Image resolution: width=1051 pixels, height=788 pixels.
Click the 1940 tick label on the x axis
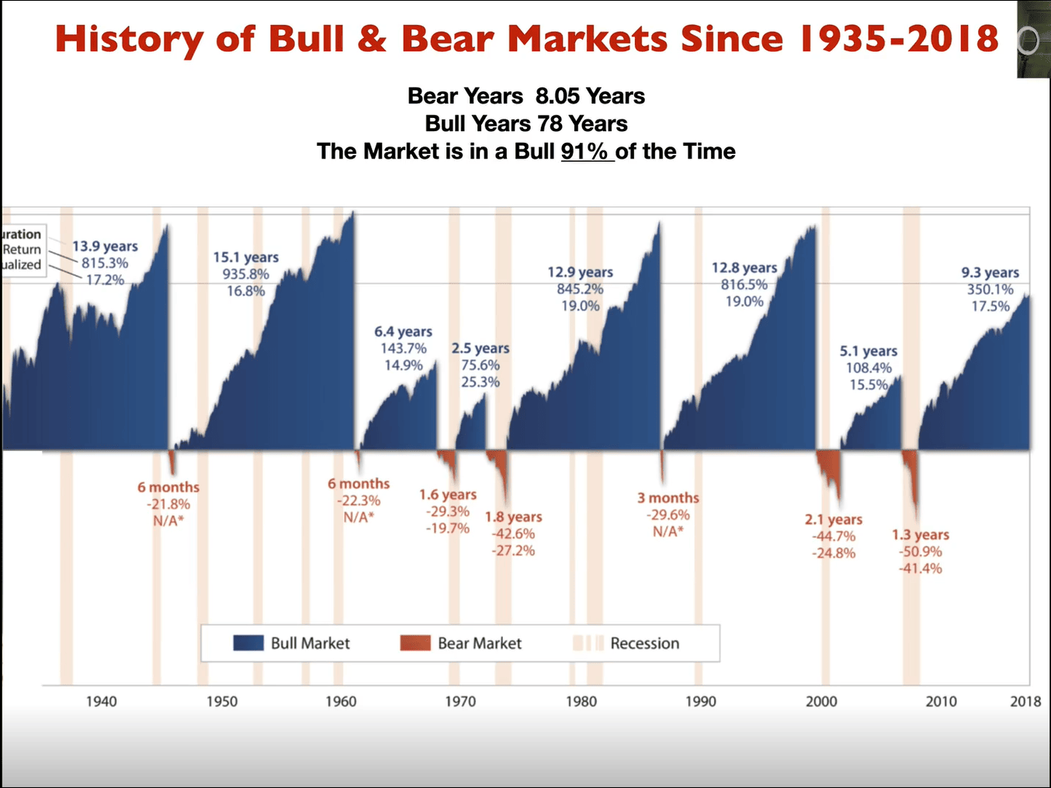coord(101,701)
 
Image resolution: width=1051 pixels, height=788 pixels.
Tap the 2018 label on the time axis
coord(1025,701)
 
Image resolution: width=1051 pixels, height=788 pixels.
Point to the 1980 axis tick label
coord(581,701)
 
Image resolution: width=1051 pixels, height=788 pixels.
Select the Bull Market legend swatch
coord(248,643)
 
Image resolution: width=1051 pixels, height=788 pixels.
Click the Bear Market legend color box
coord(415,643)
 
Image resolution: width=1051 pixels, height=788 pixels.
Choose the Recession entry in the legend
coord(644,643)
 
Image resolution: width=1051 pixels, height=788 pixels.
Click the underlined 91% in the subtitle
coord(584,151)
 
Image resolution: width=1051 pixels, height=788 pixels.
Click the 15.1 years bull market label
coord(245,258)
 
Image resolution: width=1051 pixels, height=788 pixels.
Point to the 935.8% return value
coord(245,274)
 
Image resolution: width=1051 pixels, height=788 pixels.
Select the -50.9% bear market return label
coord(921,551)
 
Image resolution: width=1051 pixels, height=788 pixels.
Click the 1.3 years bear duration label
coord(921,535)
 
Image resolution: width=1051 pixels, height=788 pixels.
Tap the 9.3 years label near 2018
coord(990,273)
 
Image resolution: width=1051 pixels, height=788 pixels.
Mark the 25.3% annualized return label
coord(480,382)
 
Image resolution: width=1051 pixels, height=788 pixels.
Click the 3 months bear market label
coord(668,498)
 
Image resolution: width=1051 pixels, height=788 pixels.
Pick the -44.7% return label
coord(834,536)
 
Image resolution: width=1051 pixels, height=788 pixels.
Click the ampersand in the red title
coord(372,38)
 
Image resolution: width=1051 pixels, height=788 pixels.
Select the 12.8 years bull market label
coord(744,268)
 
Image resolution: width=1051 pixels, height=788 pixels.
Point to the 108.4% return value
coord(869,368)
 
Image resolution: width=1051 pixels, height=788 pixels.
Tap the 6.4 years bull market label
coord(403,332)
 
